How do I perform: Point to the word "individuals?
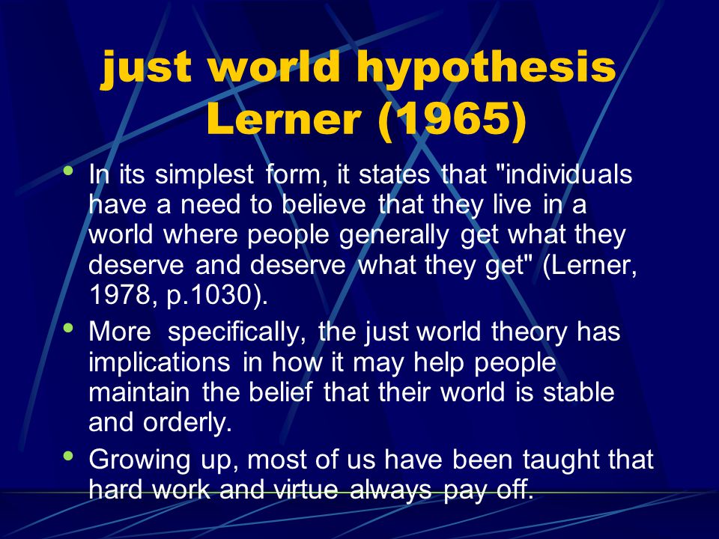click(x=565, y=174)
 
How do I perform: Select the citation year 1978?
click(x=119, y=295)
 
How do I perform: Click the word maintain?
click(x=139, y=393)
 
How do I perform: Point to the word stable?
click(x=578, y=393)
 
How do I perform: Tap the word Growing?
click(x=139, y=460)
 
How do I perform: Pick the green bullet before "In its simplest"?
click(x=69, y=171)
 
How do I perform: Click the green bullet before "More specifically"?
click(x=69, y=328)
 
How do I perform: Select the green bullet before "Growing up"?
click(x=69, y=456)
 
